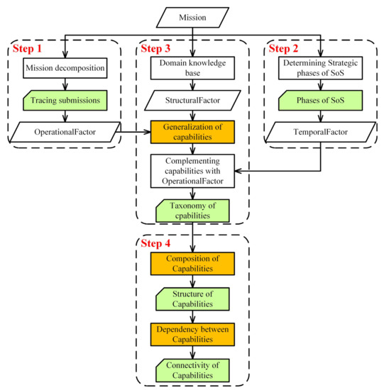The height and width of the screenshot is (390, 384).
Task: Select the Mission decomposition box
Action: pos(64,69)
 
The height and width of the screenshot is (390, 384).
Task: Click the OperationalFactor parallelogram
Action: pos(64,132)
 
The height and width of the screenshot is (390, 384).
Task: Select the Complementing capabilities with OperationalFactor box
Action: pos(192,171)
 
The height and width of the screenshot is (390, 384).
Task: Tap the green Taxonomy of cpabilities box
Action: pos(192,208)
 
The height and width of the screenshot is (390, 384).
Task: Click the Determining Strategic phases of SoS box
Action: pos(320,69)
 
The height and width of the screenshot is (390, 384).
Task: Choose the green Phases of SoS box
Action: pos(320,101)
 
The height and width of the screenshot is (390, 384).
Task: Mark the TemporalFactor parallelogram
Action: pos(320,132)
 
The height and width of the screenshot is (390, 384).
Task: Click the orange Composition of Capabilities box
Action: pos(192,265)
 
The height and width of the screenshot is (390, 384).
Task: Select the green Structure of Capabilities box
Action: pos(192,298)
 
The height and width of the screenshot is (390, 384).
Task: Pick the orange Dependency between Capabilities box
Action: pos(192,333)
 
